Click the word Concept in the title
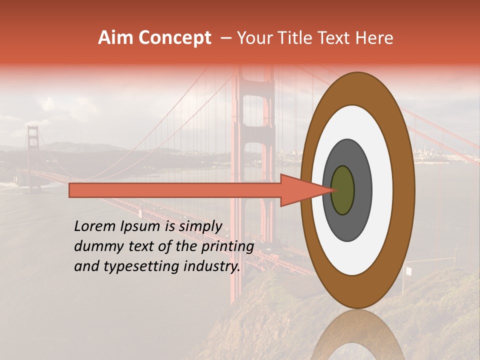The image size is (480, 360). pyautogui.click(x=174, y=38)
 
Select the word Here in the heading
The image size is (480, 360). pyautogui.click(x=375, y=38)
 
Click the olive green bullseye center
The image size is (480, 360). pyautogui.click(x=342, y=190)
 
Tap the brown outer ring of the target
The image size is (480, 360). pyautogui.click(x=403, y=190)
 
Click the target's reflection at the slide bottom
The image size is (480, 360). pyautogui.click(x=357, y=337)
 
